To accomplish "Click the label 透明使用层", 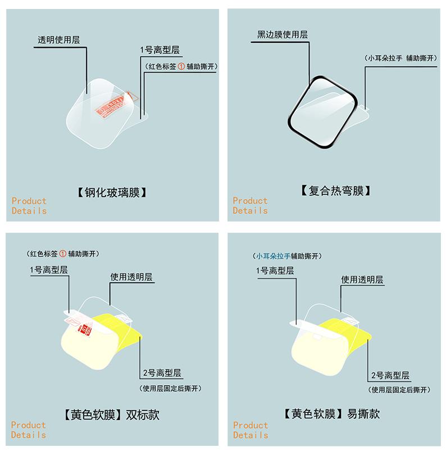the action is click(58, 40).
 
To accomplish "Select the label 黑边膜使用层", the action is click(283, 34).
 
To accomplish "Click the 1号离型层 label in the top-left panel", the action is click(160, 50).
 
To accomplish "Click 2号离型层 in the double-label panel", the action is click(162, 373).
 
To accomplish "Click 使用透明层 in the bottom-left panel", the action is click(131, 277).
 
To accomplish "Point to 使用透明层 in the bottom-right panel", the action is click(362, 279).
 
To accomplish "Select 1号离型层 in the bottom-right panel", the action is click(275, 270).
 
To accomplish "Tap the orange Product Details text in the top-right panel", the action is click(251, 206).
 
